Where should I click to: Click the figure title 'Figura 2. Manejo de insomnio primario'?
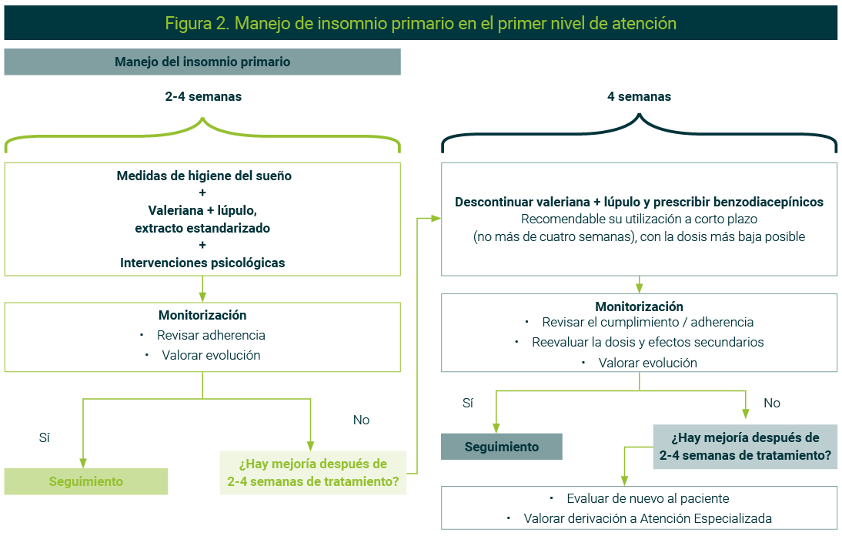click(420, 23)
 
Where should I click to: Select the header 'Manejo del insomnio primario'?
click(202, 62)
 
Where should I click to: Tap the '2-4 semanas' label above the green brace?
click(203, 97)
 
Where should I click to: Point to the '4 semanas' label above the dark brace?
click(639, 97)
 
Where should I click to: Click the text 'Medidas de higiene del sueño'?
click(204, 176)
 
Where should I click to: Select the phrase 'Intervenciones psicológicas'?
click(202, 263)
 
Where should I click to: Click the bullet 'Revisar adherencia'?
click(211, 335)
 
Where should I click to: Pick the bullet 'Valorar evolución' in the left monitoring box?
click(211, 355)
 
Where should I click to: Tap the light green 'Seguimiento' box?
click(85, 481)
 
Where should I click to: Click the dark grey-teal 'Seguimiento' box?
click(501, 447)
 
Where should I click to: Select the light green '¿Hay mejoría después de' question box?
click(312, 473)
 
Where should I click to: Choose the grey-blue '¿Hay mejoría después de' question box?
click(745, 447)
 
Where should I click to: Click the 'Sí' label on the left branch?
click(44, 437)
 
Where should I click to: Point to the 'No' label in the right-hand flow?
click(771, 403)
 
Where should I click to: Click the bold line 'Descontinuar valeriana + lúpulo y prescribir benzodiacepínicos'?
click(639, 202)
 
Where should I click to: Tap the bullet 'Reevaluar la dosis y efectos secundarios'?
click(647, 342)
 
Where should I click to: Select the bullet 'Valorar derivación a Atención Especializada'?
click(647, 518)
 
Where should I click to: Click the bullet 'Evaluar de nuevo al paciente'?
click(647, 498)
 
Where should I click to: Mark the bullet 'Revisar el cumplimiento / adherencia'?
click(647, 322)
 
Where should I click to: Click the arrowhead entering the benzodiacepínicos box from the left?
click(436, 218)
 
